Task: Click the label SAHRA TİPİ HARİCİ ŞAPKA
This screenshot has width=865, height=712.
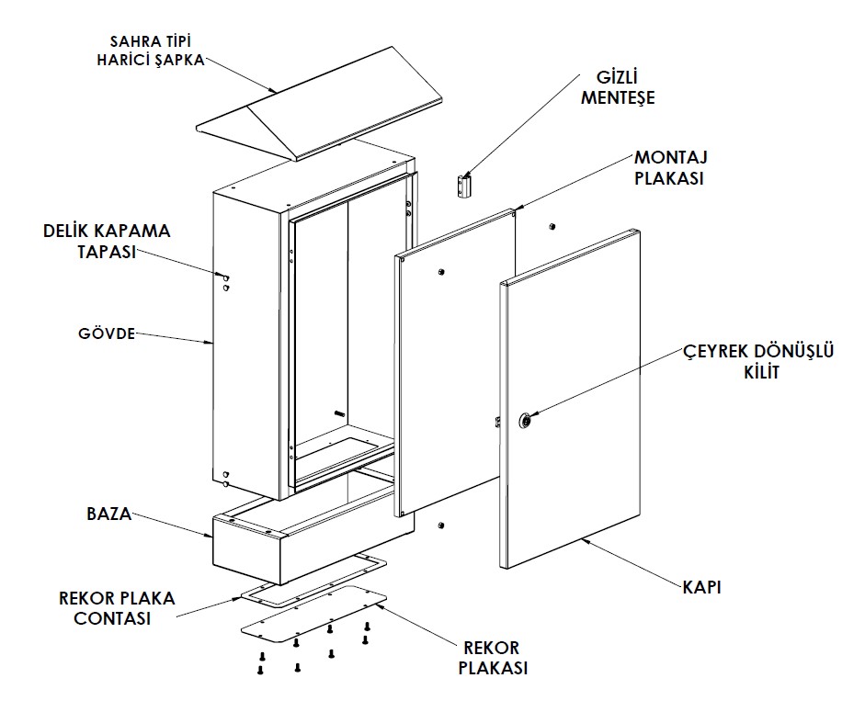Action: point(151,51)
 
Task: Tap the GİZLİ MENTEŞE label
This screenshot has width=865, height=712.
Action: point(618,87)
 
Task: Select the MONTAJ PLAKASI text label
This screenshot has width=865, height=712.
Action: point(671,167)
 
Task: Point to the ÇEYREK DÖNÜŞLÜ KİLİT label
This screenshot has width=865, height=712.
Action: point(758,361)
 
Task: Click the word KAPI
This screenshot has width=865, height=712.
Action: point(701,587)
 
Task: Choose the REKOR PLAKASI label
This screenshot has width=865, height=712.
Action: point(493,658)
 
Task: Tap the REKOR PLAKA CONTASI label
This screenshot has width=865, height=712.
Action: point(117,608)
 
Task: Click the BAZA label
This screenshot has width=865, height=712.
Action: point(109,514)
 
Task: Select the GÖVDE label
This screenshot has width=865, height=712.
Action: point(107,333)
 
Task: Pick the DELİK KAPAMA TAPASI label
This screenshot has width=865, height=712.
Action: point(107,241)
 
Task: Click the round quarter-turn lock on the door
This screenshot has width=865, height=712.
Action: point(525,421)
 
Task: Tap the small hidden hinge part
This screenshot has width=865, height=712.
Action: point(464,186)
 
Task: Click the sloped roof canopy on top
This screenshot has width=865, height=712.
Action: point(320,105)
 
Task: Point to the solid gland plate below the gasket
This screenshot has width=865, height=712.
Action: point(314,614)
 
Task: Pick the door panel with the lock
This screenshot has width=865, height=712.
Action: point(571,399)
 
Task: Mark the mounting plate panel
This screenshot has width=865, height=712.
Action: point(455,362)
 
